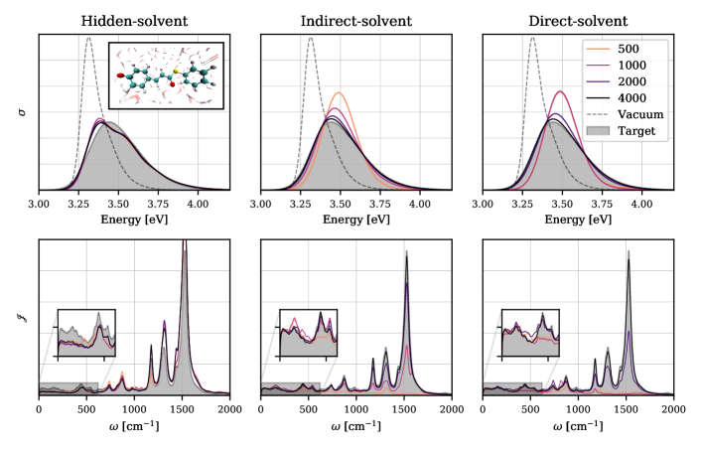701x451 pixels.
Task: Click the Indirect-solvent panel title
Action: click(355, 19)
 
